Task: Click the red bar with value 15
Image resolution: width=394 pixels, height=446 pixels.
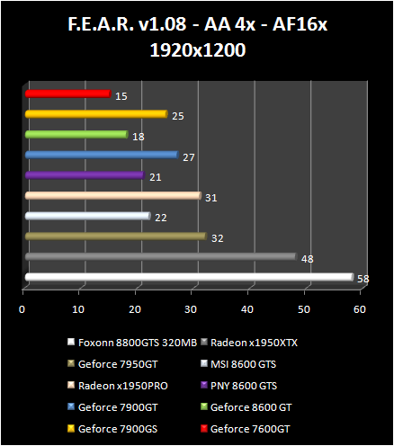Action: (67, 94)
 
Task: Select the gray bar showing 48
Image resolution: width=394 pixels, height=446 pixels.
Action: (160, 256)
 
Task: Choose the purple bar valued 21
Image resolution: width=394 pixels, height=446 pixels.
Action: (85, 175)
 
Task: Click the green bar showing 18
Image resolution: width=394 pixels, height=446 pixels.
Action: (76, 135)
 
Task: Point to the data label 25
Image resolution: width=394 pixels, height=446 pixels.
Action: (177, 115)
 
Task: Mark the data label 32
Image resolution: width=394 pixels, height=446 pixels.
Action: (217, 238)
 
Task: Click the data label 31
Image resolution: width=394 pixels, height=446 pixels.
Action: (211, 197)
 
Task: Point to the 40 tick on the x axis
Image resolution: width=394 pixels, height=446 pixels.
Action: (247, 310)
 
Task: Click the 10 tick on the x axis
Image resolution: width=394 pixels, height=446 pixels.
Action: (78, 310)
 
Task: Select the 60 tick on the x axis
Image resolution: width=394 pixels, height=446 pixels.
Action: (360, 310)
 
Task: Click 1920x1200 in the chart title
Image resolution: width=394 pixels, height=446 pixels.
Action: (196, 51)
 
